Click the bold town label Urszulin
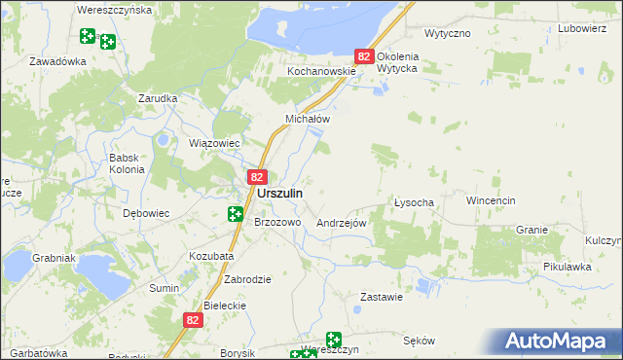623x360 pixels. pos(279,194)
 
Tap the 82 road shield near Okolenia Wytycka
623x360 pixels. pos(364,57)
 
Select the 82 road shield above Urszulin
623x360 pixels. pos(257,177)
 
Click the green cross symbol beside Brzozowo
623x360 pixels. pos(236,214)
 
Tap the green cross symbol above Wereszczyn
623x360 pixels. pos(334,340)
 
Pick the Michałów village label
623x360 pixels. pos(308,119)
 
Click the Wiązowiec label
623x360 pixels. pos(213,143)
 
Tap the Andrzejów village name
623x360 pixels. pos(341,223)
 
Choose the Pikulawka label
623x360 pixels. pos(568,266)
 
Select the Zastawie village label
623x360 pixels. pos(381,297)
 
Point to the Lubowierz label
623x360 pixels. pos(582,28)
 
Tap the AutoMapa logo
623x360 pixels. pos(559,342)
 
